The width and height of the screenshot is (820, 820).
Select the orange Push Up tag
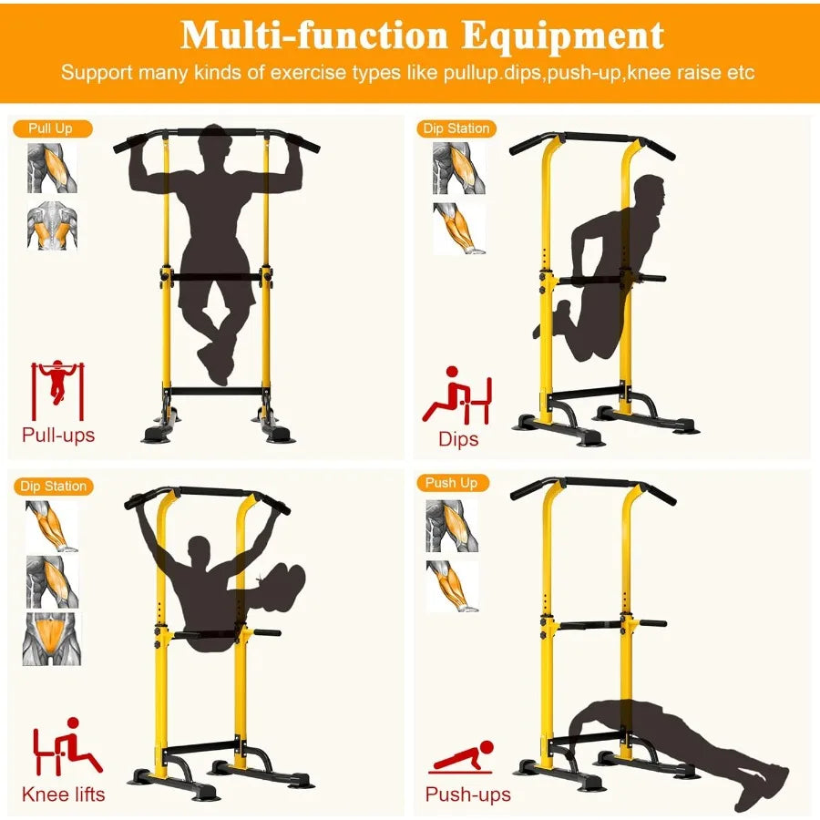coord(452,482)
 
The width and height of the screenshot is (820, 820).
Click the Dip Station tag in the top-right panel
coord(456,128)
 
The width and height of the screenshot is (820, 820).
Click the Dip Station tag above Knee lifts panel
coord(54,486)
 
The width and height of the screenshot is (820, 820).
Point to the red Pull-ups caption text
coord(58,435)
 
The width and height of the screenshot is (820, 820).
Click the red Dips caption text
coord(458,438)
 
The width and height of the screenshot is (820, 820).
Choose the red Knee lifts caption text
coord(63,794)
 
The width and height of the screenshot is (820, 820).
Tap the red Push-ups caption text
coord(468,794)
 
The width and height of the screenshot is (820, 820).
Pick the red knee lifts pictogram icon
coord(66,750)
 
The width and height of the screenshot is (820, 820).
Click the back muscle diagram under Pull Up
coord(51,227)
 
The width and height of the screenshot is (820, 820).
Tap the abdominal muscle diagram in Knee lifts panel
coord(52,638)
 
